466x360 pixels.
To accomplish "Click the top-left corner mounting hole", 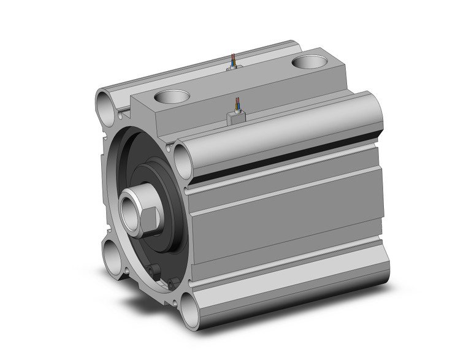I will [x=106, y=101].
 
